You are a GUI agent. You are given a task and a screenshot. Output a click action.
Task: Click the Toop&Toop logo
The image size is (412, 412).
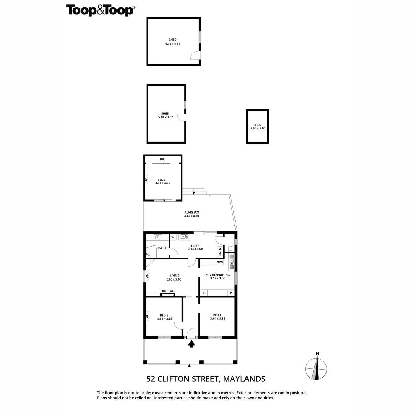click(100, 10)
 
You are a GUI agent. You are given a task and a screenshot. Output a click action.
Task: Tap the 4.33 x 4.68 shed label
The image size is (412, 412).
click(172, 42)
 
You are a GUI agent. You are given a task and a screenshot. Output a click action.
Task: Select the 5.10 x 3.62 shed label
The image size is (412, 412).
click(165, 115)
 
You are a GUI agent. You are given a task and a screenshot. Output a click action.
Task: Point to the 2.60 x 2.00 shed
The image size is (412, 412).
click(257, 126)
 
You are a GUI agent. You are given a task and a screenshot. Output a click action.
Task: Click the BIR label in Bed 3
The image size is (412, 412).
click(162, 159)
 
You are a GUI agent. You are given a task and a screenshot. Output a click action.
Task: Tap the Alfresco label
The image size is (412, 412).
click(191, 214)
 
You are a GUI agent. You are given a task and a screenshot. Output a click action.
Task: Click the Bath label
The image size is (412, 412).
click(162, 248)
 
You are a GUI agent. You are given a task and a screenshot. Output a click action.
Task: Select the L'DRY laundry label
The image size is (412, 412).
click(195, 247)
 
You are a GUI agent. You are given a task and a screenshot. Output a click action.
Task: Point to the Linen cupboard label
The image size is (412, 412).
click(220, 252)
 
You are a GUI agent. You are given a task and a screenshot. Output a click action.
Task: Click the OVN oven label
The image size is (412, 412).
click(220, 262)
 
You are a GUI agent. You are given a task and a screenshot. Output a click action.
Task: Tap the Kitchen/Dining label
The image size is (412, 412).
click(217, 276)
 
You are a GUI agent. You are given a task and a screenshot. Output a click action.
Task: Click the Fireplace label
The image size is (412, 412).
click(168, 291)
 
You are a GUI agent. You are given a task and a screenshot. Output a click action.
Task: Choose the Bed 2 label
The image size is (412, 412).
click(164, 317)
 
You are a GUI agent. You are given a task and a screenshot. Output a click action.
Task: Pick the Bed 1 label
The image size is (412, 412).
click(217, 317)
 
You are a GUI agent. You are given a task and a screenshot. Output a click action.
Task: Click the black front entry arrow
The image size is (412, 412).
click(192, 344)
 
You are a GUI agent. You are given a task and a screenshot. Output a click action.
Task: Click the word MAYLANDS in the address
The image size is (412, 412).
click(244, 379)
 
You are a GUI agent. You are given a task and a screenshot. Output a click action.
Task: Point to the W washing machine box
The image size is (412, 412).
click(173, 237)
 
